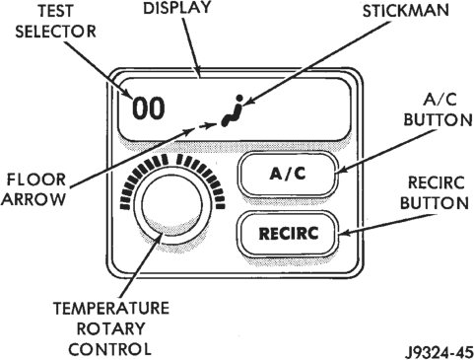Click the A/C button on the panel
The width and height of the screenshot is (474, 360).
coord(288,174)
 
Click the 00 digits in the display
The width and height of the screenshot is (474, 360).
coord(148,108)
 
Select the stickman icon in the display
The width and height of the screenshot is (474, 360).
coord(233,110)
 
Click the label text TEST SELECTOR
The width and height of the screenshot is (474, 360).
coord(55,21)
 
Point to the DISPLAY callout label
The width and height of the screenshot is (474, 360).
coord(176,8)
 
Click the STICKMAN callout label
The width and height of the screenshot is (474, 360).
coord(405,10)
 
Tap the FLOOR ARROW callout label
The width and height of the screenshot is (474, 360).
coord(35,189)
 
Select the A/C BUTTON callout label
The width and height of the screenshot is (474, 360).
coord(438,109)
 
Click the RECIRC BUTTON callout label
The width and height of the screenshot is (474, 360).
coord(435,193)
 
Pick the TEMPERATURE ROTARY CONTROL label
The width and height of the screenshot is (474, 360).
coord(110,328)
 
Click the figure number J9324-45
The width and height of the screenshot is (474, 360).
coord(439,352)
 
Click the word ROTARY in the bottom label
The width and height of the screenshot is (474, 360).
coord(110,328)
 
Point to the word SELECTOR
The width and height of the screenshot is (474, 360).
coord(55,32)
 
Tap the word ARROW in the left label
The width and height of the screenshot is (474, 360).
coord(34,199)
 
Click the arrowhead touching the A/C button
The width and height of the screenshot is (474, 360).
coord(342,170)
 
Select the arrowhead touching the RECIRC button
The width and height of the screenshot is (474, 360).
coord(344,233)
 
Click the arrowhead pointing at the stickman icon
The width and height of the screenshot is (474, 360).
coord(248,102)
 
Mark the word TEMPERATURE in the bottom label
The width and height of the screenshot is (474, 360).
coord(111,308)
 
